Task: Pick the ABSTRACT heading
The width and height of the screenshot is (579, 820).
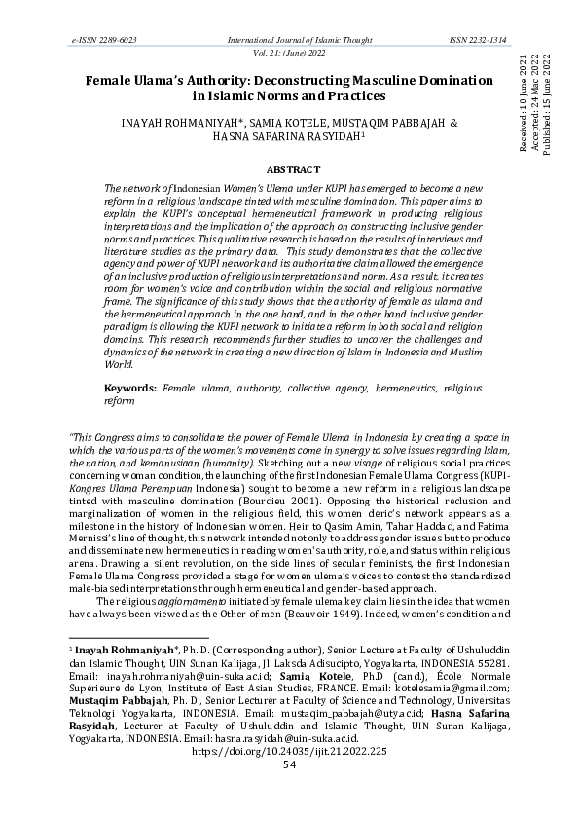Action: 289,168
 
